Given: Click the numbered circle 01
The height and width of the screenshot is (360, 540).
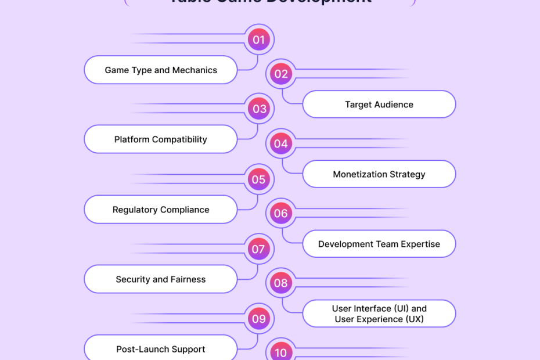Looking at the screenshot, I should [258, 39].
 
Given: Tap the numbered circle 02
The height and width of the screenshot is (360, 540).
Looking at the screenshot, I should [281, 74].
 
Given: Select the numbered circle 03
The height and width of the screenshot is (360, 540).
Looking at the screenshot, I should [259, 109].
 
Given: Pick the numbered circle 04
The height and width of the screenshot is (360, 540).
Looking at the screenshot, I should [281, 143].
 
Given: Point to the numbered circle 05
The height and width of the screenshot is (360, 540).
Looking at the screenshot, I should [258, 179].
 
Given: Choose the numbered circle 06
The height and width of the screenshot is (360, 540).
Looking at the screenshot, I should [281, 213].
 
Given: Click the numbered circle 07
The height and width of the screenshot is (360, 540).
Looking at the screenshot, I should [258, 250].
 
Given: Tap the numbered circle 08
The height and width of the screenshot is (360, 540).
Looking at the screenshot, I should [281, 283].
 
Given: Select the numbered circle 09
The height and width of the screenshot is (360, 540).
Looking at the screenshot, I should [258, 319].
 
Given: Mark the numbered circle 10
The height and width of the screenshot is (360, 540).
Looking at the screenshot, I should [281, 352].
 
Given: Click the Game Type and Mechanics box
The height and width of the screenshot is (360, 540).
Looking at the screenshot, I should [161, 70].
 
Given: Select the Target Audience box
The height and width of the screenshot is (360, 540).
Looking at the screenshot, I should [379, 105].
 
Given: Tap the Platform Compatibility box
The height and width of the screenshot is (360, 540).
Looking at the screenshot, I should [161, 139].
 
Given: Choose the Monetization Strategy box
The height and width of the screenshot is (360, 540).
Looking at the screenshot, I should [379, 174].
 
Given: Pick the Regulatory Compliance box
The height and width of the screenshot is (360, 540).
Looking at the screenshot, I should [161, 210].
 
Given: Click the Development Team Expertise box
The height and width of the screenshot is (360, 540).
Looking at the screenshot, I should [379, 244].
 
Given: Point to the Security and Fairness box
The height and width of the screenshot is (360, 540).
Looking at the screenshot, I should [161, 279].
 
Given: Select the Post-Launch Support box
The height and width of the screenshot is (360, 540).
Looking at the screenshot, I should [161, 349].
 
